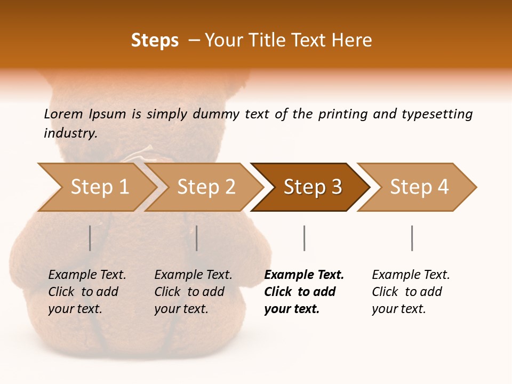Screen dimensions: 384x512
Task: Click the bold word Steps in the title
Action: coord(155,41)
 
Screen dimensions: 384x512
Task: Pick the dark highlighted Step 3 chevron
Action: coord(313,187)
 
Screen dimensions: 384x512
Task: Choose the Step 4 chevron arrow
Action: coord(419,187)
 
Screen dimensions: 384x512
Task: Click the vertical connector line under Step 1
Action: coord(90,238)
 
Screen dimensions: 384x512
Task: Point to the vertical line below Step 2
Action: coord(197,238)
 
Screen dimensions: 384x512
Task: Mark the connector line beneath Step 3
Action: coord(304,238)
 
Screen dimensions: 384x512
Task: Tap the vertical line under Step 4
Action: coord(412,238)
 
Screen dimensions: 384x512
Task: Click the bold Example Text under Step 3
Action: coord(304,292)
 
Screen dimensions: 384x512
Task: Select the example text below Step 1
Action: coord(87,292)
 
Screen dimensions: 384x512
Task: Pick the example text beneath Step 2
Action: coord(193,292)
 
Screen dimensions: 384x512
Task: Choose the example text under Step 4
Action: coord(411,292)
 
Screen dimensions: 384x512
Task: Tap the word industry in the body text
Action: coord(70,133)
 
